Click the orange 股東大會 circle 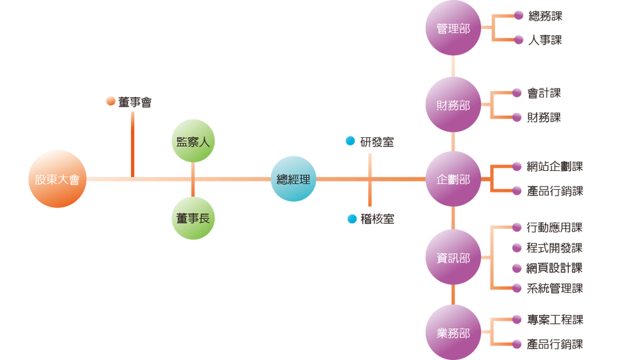[58, 179]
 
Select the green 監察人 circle [193, 141]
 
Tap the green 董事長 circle [193, 218]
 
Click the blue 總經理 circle [294, 179]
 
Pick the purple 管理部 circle [453, 28]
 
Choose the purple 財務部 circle [453, 105]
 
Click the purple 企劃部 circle [453, 179]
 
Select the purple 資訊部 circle [453, 257]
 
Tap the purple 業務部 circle [453, 333]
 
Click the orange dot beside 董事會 [111, 101]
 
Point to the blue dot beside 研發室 [350, 141]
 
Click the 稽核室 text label [377, 219]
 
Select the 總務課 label [545, 16]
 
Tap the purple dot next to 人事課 [518, 40]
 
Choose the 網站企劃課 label [555, 167]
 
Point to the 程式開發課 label [554, 248]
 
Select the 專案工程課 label [555, 320]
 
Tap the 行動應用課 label [554, 228]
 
